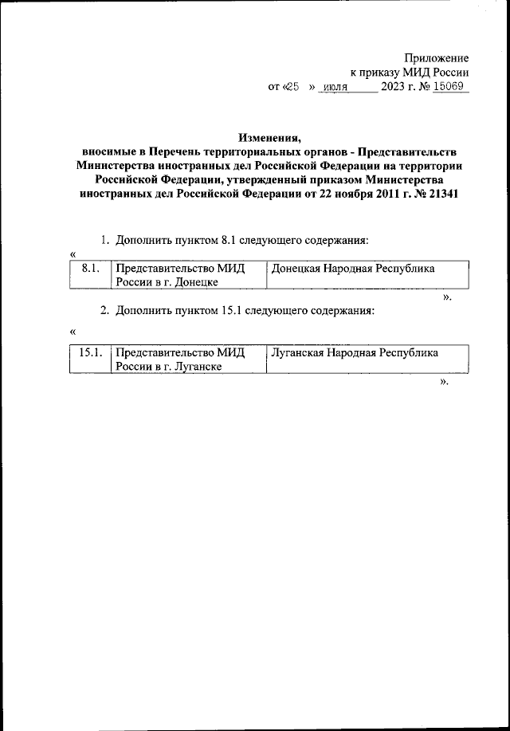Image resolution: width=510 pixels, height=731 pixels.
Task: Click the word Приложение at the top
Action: click(x=436, y=58)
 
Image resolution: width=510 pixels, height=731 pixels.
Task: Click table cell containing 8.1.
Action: click(x=89, y=269)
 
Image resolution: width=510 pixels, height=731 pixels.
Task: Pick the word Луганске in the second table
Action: click(x=195, y=366)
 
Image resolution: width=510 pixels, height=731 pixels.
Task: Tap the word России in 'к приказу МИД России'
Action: click(x=449, y=73)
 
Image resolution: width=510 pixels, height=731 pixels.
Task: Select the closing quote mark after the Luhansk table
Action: click(x=444, y=381)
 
